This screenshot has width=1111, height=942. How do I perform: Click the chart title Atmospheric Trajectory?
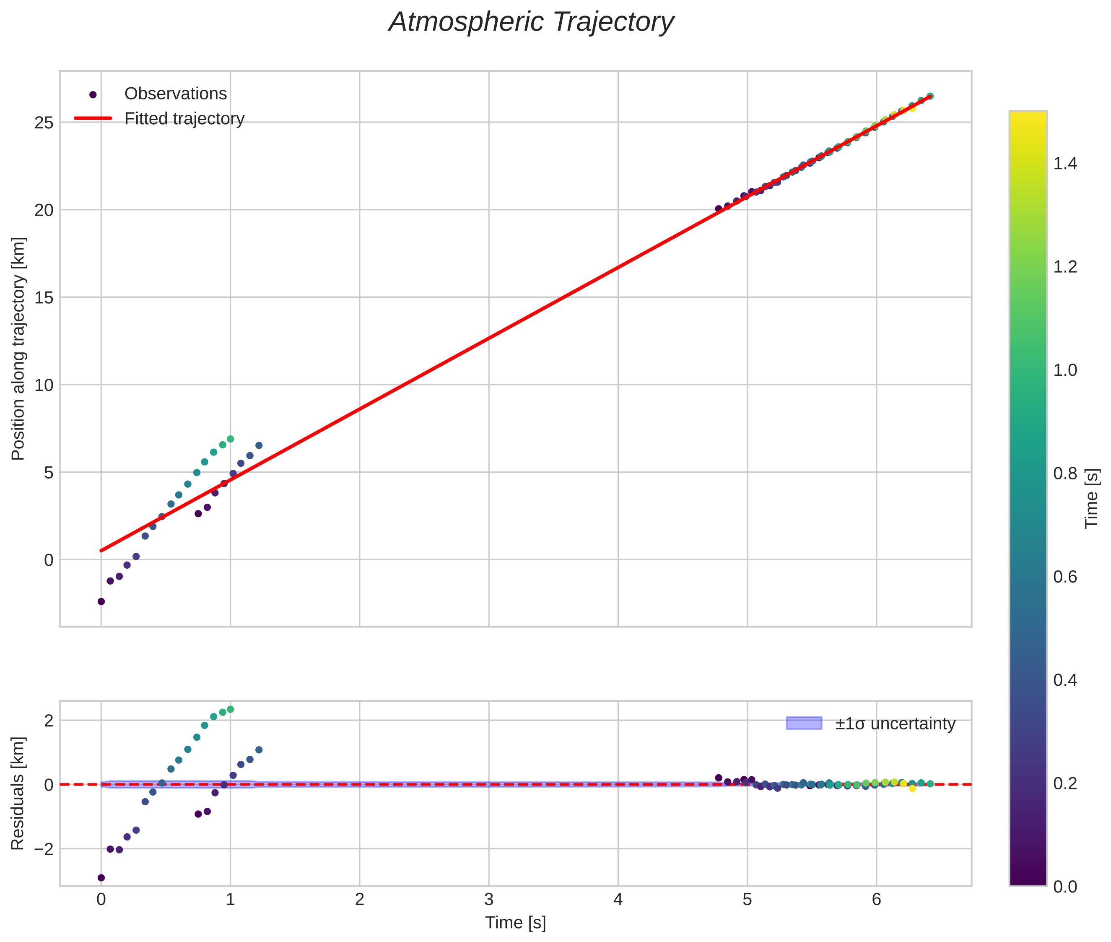click(531, 22)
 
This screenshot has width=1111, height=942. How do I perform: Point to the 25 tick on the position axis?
click(44, 123)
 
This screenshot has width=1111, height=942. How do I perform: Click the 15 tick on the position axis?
click(44, 297)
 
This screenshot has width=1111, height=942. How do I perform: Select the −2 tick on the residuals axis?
click(41, 849)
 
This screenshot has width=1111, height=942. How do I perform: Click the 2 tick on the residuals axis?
click(49, 721)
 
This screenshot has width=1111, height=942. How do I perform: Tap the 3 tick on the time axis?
click(488, 900)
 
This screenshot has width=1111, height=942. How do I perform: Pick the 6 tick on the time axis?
click(876, 900)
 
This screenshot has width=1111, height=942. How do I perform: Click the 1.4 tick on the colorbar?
click(1065, 164)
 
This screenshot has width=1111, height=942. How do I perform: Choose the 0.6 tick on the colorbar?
click(1065, 577)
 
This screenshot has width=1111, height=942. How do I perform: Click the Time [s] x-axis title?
click(515, 923)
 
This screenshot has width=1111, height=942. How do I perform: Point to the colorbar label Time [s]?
click(1092, 498)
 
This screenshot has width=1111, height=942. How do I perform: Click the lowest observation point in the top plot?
click(101, 601)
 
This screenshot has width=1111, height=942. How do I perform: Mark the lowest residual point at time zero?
click(101, 877)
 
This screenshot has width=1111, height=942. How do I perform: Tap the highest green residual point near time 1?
click(231, 709)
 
